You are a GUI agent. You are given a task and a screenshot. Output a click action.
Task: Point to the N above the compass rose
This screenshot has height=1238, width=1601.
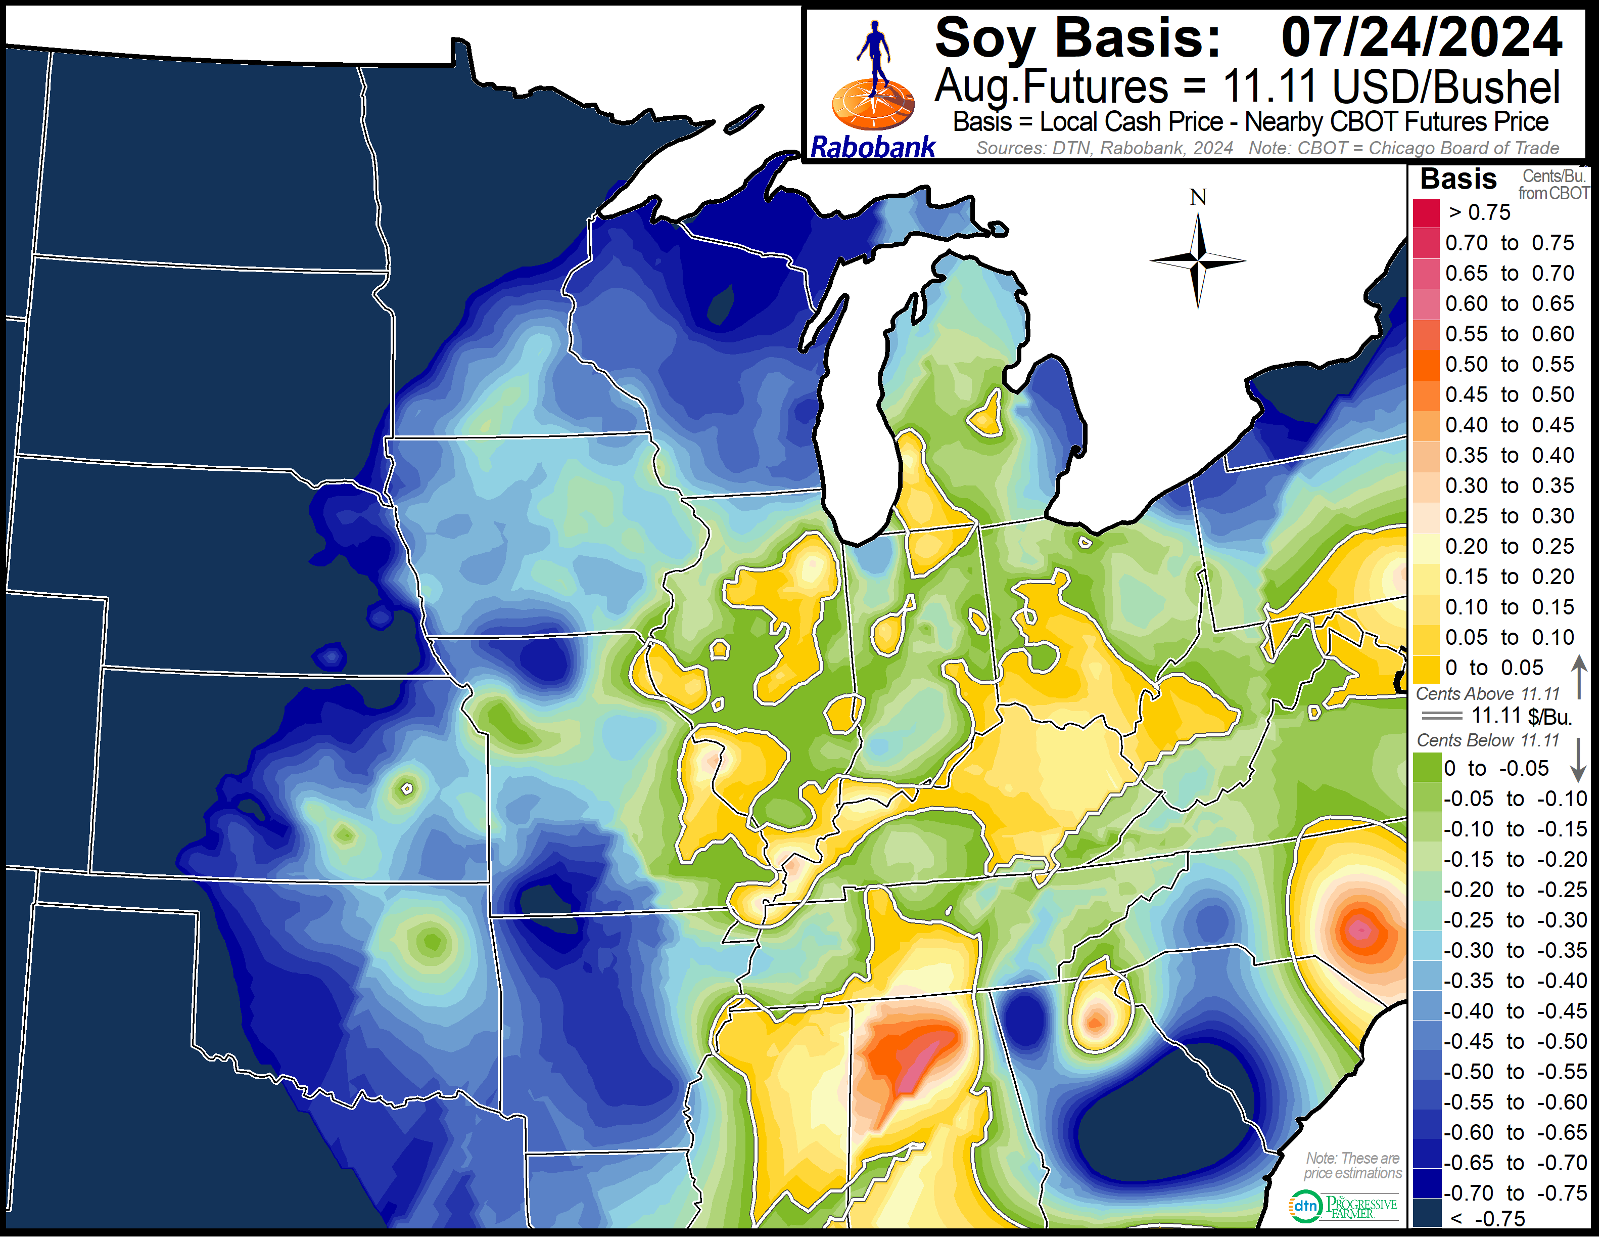[1198, 197]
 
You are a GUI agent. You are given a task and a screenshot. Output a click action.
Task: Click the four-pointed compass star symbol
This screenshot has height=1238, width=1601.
[1198, 260]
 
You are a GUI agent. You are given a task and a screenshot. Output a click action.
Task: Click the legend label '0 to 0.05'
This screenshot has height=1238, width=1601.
[1494, 668]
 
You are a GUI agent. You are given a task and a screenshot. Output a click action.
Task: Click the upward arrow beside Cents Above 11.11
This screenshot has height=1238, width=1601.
[1579, 676]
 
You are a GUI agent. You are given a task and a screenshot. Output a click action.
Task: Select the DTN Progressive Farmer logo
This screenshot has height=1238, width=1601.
[1343, 1207]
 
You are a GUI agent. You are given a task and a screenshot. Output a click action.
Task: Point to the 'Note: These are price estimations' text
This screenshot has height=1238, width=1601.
[1352, 1166]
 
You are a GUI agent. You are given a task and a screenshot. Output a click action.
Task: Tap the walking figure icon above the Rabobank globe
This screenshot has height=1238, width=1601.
[874, 55]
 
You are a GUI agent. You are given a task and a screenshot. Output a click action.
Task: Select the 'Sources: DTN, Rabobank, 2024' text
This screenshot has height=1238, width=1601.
[1104, 148]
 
